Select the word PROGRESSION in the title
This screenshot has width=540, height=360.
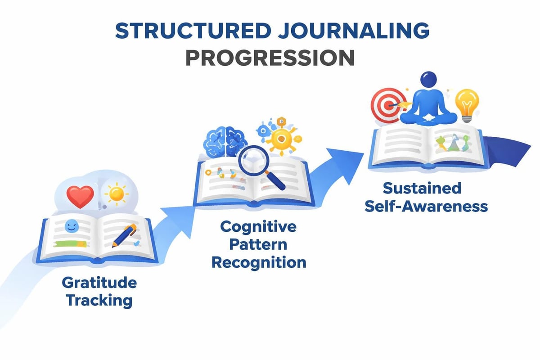[270, 58]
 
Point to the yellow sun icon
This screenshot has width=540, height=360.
[116, 194]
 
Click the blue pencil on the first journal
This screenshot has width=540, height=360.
[124, 235]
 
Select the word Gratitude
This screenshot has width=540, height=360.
[99, 283]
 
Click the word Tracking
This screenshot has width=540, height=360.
[99, 300]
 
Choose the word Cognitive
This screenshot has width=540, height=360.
[258, 226]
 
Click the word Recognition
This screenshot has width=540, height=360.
[258, 261]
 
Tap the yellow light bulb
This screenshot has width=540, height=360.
[467, 103]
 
